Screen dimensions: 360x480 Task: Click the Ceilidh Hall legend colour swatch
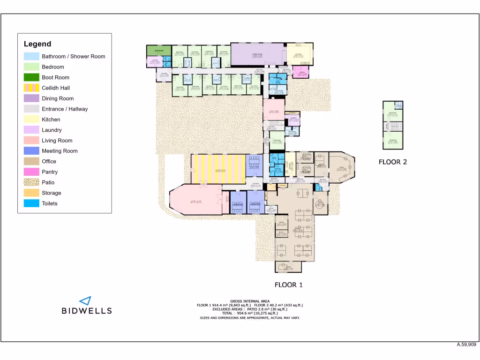pos(31,88)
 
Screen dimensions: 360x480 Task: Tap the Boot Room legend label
pos(55,77)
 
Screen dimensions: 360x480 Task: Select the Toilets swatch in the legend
pos(31,203)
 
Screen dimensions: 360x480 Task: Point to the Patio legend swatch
pos(31,182)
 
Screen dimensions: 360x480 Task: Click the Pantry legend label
pos(50,172)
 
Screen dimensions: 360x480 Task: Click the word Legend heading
pos(37,44)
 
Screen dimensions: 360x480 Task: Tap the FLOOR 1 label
pos(288,285)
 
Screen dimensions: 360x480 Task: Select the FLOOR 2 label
pos(392,162)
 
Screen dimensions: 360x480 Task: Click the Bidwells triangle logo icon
pos(85,300)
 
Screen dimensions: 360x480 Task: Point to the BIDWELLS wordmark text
pos(87,310)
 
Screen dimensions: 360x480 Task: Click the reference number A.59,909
pos(466,345)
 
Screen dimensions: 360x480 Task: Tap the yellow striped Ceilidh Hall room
pos(218,169)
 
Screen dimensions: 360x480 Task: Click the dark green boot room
pos(159,50)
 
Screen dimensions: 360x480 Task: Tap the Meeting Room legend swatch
pos(31,151)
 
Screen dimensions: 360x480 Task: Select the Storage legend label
pos(51,193)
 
